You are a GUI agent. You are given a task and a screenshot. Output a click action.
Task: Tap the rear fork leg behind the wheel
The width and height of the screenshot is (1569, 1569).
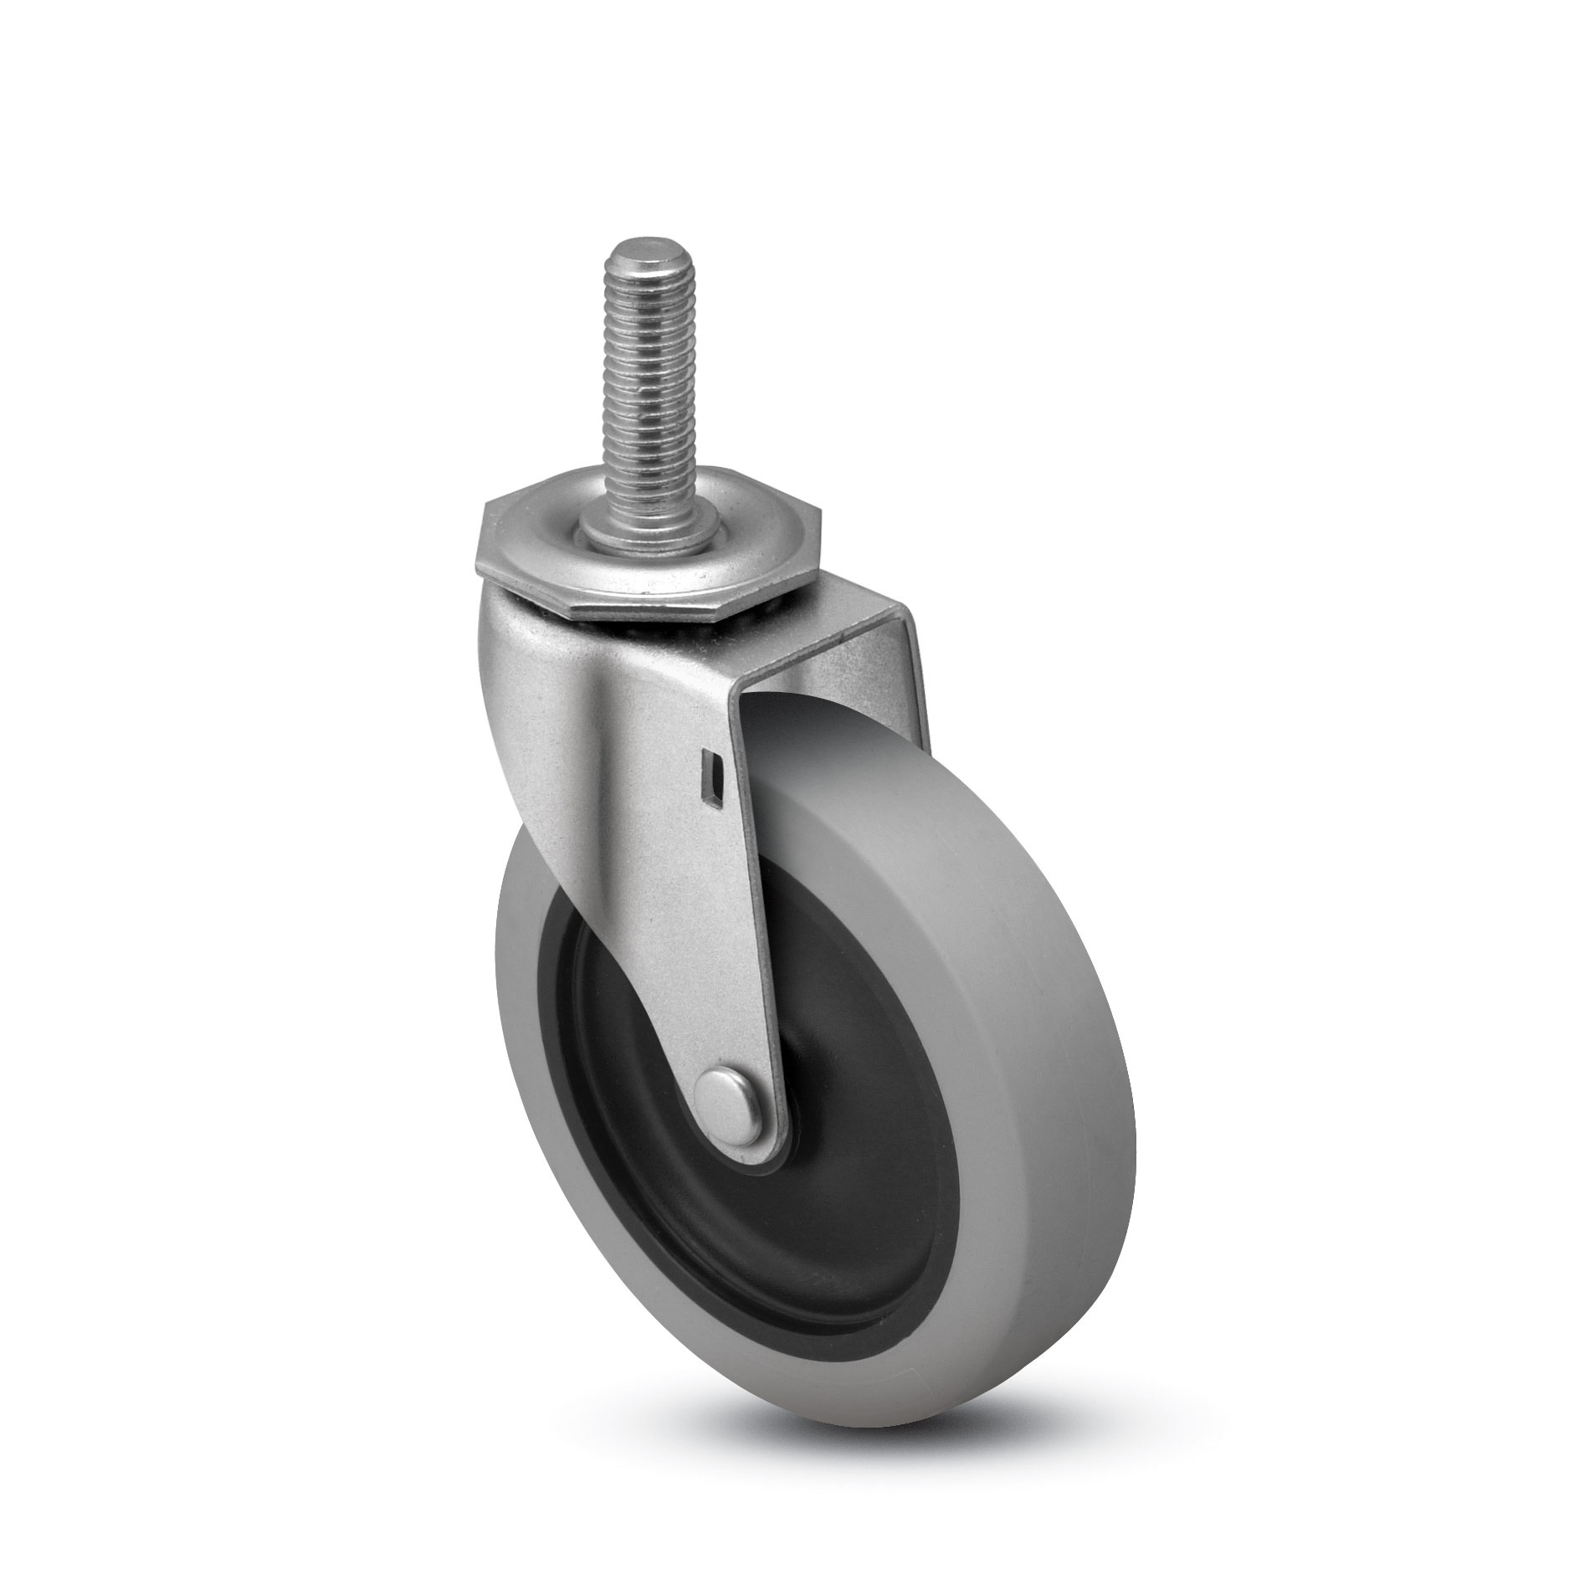click(x=904, y=686)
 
